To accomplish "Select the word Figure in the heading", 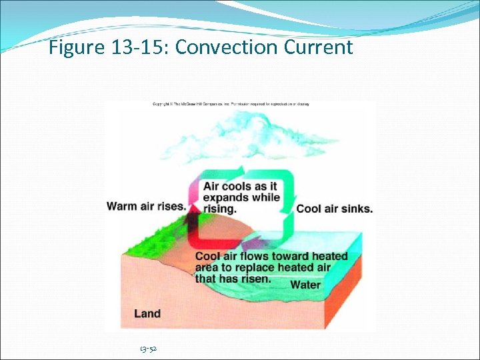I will pos(75,48).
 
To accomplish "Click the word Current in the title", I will pos(318,48).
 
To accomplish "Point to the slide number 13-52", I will pos(148,349).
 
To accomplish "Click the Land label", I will pos(147,313).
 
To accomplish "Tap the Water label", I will pos(305,285).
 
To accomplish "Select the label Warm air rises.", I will pos(146,206).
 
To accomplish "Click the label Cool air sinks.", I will pos(334,209).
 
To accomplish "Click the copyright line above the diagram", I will pos(231,104).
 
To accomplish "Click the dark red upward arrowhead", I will pos(193,212).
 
